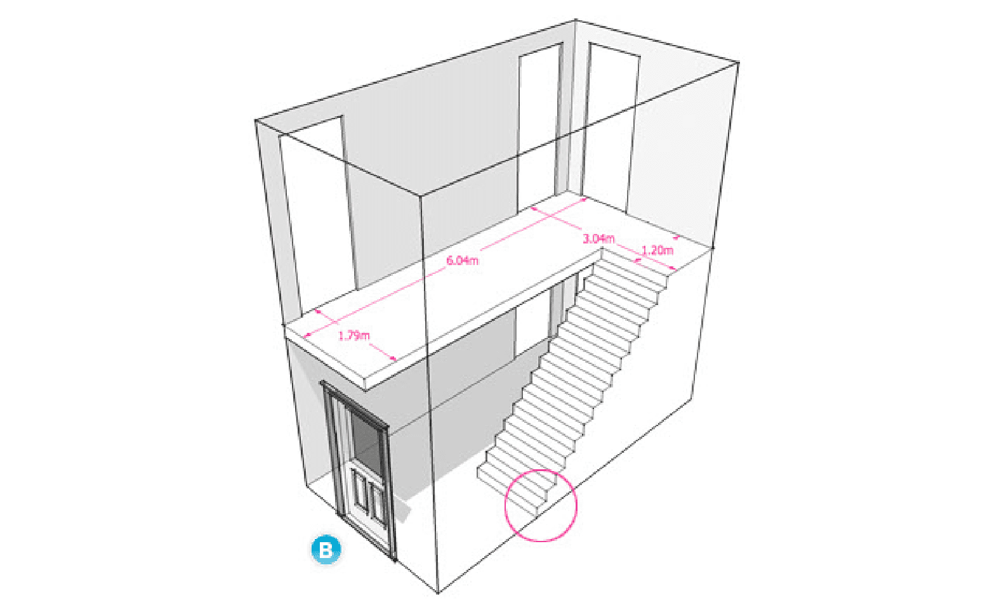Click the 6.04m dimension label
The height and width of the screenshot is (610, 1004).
coord(463,260)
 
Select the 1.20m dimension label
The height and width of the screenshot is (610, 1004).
coord(657,250)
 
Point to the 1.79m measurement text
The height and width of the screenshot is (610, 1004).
coord(353,335)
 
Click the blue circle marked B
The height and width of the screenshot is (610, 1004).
coord(326,549)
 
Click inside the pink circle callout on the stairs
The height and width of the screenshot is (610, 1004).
coord(541,505)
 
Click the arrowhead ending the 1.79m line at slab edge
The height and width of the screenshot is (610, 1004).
coord(393,358)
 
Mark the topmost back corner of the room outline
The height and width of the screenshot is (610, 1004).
coord(576,20)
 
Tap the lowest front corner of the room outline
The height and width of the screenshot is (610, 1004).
coord(438,593)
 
